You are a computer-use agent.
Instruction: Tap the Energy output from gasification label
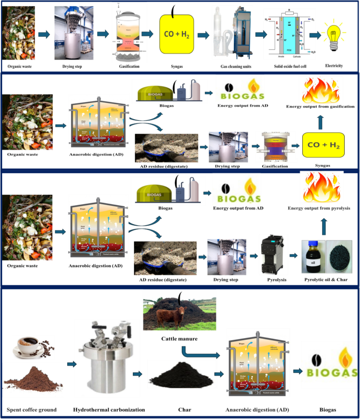[321, 107]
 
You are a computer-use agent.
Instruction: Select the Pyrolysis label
[273, 280]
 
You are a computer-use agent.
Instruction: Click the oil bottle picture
[311, 257]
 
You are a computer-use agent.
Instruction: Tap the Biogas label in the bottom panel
[326, 409]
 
